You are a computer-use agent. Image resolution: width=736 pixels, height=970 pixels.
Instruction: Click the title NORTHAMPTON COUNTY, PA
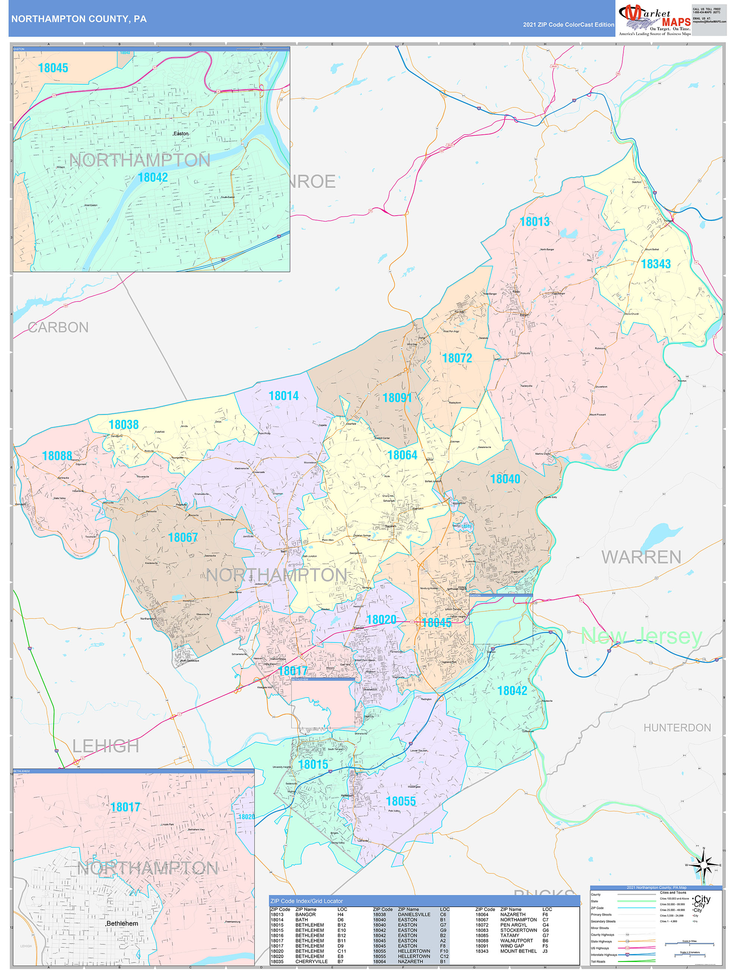tap(79, 19)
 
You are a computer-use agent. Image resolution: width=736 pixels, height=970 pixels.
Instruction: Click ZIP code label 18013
tap(534, 222)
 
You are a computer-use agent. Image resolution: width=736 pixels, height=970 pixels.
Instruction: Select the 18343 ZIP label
tap(656, 264)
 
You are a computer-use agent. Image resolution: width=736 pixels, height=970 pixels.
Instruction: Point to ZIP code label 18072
tap(457, 358)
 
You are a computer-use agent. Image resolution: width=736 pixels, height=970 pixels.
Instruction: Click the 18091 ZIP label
tap(397, 398)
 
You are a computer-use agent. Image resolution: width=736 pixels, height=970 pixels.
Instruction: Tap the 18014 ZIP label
tap(283, 396)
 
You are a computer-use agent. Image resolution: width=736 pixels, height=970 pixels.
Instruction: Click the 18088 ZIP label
tap(57, 456)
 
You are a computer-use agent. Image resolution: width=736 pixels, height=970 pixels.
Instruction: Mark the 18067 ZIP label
tap(183, 538)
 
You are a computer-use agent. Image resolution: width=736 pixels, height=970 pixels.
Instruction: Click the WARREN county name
tap(641, 557)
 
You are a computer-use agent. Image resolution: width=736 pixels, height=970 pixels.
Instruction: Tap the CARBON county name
tap(58, 328)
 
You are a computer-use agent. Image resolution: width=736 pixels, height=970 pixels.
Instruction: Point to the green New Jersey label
tap(641, 636)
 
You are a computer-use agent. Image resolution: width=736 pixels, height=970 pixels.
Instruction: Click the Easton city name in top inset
tap(180, 134)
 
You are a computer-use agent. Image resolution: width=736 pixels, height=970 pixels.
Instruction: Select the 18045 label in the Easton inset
tap(53, 68)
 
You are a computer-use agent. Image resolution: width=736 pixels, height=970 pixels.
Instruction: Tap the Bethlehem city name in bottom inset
tap(122, 923)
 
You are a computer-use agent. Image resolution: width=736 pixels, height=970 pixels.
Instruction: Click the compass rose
tap(704, 865)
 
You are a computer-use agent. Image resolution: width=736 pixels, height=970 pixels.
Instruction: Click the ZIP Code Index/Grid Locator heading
tap(306, 901)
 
